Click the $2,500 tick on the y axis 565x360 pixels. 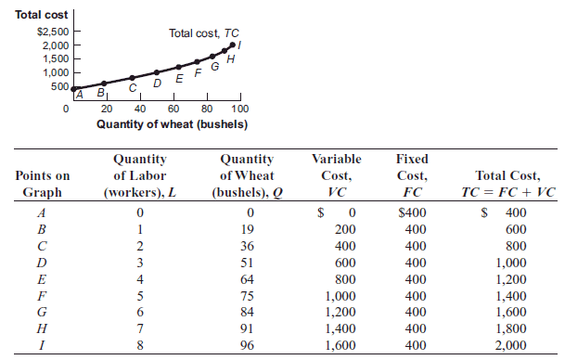51,33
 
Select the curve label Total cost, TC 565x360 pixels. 203,32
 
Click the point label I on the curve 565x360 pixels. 241,44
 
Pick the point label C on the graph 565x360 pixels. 132,88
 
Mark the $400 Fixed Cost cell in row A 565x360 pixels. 411,212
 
